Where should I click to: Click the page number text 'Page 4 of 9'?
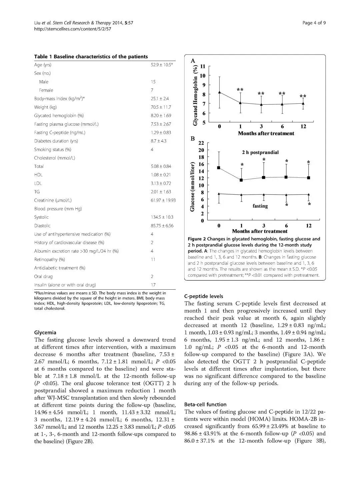click(x=314, y=23)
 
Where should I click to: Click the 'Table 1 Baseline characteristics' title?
click(x=91, y=57)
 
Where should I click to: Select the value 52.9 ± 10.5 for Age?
click(x=162, y=65)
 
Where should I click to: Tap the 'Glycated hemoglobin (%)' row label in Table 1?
click(x=59, y=116)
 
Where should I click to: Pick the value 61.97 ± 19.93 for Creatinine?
click(x=163, y=200)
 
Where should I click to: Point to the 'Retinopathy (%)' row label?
click(x=49, y=260)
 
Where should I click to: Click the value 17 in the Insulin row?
click(x=153, y=285)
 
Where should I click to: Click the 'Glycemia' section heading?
click(x=45, y=332)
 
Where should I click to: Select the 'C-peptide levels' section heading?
click(x=204, y=296)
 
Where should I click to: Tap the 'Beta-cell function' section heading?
click(x=205, y=404)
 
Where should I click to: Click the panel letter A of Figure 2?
click(x=193, y=61)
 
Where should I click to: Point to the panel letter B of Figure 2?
click(x=192, y=138)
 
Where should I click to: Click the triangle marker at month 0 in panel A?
click(x=219, y=92)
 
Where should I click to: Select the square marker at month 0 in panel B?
click(x=219, y=168)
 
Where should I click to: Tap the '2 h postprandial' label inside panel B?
click(x=260, y=152)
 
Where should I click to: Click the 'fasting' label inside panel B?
click(x=260, y=206)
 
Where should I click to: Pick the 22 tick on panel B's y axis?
click(x=201, y=143)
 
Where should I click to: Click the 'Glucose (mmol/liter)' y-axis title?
click(x=192, y=187)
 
